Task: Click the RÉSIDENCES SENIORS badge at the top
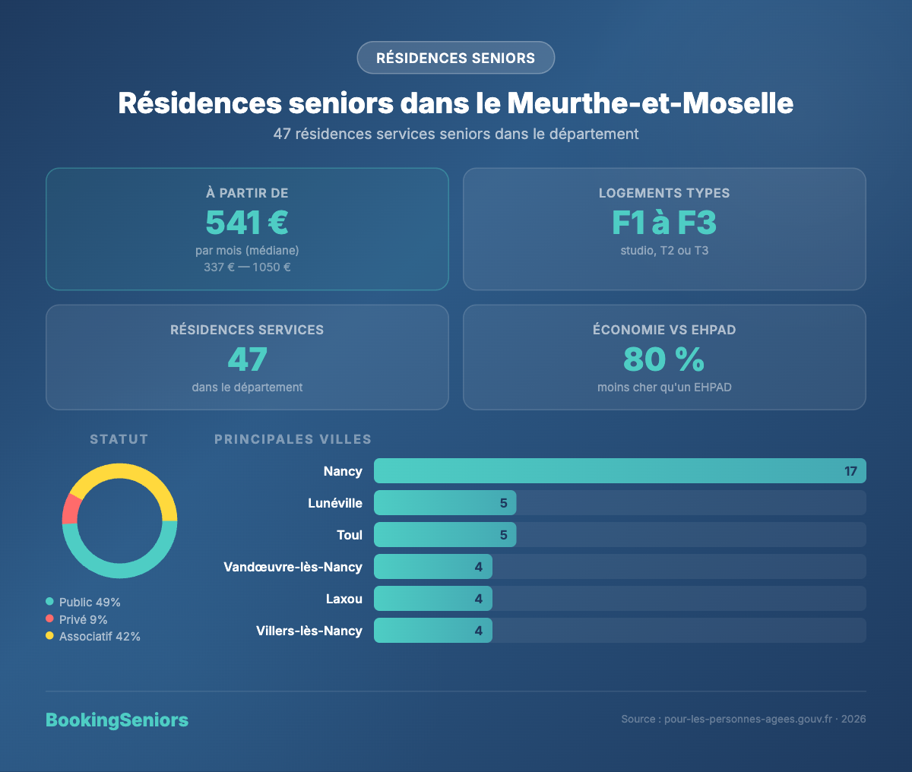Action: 456,58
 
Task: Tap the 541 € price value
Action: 247,223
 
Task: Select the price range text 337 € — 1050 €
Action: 247,267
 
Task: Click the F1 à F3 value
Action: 664,223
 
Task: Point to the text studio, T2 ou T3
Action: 664,251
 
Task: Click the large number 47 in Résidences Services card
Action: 247,359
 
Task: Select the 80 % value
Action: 664,359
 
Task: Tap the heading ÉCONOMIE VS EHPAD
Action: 664,330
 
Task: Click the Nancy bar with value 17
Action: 619,471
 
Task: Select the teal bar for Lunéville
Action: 445,503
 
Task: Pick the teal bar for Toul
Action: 445,535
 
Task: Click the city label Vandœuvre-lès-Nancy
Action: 293,567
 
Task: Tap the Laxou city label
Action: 344,599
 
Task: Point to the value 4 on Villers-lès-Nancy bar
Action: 479,631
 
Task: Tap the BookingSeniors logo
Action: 117,720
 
